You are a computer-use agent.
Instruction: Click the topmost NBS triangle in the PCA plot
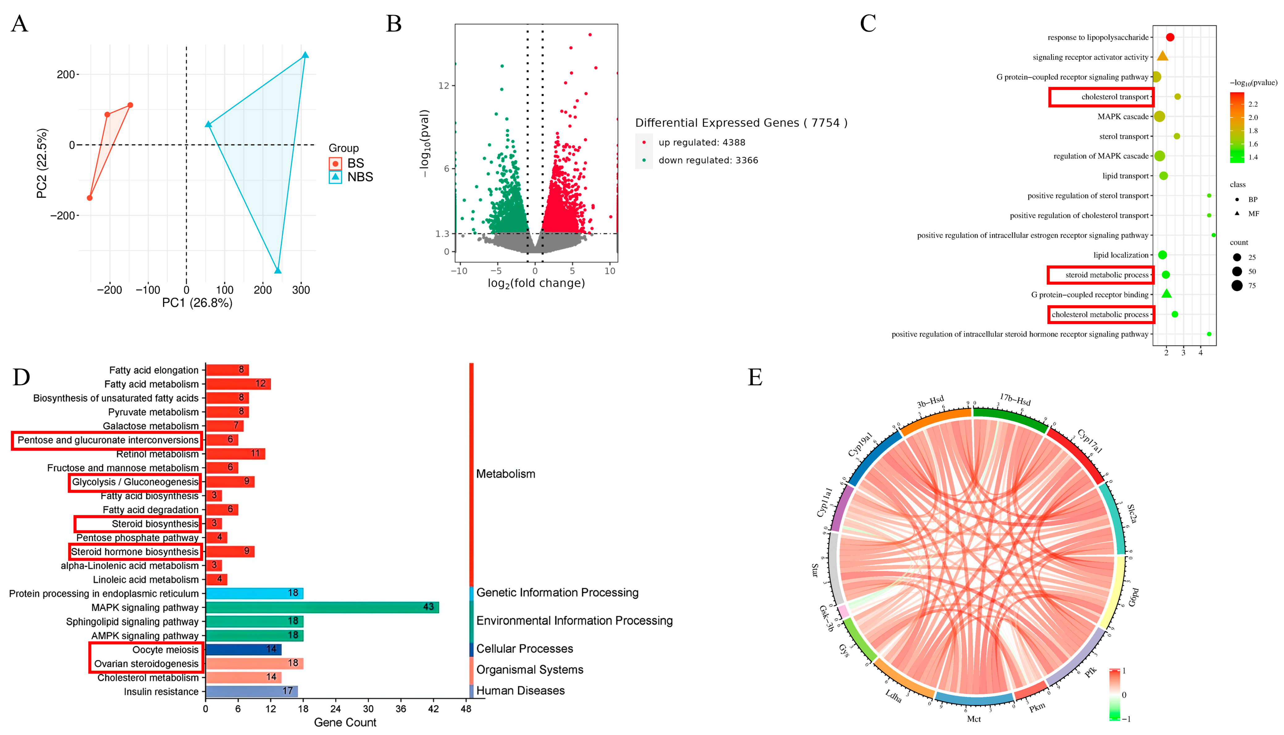(305, 55)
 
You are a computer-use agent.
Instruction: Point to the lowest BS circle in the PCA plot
(90, 198)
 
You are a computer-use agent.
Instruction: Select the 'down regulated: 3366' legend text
(708, 161)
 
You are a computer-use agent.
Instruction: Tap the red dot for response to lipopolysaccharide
(1170, 37)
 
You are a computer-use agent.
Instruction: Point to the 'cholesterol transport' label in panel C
(1114, 97)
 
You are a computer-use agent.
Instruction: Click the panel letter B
(394, 24)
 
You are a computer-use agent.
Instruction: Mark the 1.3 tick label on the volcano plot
(442, 234)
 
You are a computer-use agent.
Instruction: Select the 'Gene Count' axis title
(345, 722)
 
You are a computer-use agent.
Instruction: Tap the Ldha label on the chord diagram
(894, 696)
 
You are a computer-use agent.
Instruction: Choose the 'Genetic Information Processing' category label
(557, 593)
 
